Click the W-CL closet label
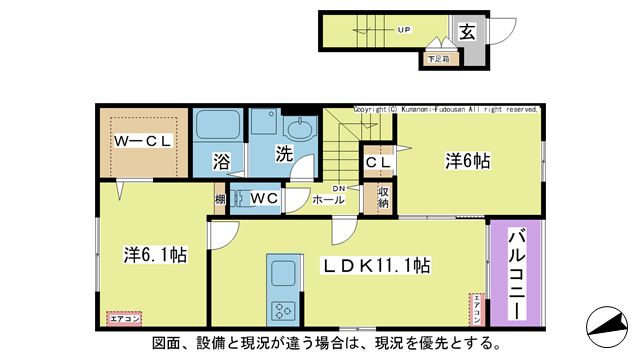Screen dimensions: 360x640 (x=142, y=141)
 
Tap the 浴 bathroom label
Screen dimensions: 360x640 (x=221, y=160)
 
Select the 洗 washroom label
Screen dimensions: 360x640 (x=284, y=157)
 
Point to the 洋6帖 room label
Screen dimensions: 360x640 (x=465, y=161)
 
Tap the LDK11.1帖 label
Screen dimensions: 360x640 (x=375, y=266)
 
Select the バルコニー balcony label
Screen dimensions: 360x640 (x=516, y=272)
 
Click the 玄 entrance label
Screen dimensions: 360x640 (x=468, y=31)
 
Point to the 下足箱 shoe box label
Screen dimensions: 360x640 (x=438, y=59)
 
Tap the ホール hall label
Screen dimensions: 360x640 (x=329, y=200)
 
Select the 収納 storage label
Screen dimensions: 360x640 (x=383, y=196)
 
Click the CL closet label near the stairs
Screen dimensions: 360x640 (x=378, y=161)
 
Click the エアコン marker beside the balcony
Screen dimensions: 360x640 (x=479, y=308)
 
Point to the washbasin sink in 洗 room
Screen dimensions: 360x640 (x=298, y=130)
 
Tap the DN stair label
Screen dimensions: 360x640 (x=339, y=187)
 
